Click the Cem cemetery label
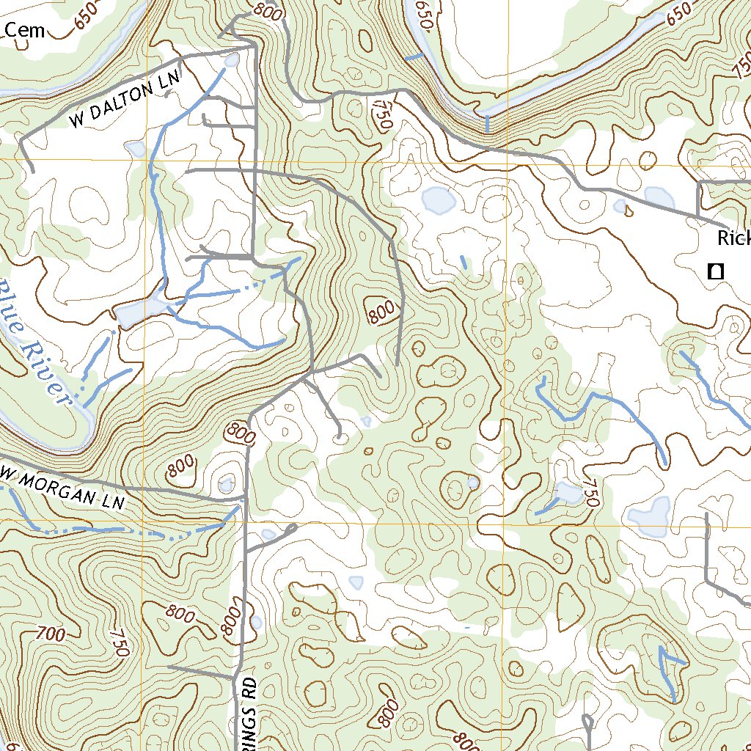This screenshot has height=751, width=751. (x=25, y=30)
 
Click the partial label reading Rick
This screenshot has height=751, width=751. (x=733, y=238)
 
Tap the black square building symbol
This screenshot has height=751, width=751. (x=715, y=271)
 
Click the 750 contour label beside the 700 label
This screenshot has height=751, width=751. (x=120, y=642)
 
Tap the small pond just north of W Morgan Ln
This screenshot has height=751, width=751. (x=227, y=484)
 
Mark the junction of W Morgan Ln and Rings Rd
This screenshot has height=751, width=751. (x=243, y=500)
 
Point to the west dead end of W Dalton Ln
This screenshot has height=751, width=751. (x=32, y=172)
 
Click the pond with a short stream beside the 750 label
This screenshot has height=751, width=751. (x=568, y=493)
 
